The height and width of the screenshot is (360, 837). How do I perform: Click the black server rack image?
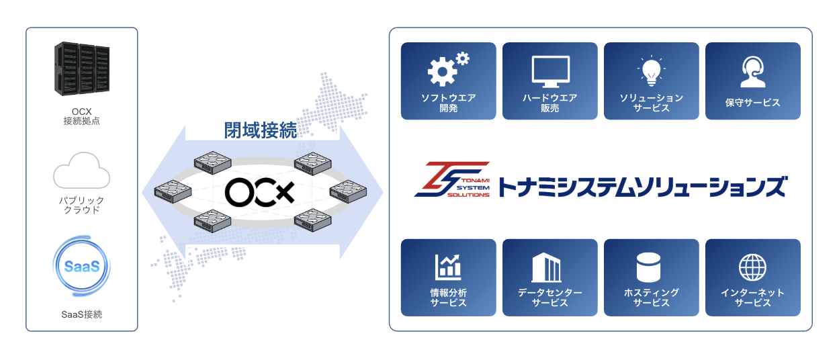coord(82,69)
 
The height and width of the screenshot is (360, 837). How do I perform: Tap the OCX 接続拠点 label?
coord(82,116)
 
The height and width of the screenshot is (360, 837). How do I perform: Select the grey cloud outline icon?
coord(81,171)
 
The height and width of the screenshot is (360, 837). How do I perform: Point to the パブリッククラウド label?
coord(82,205)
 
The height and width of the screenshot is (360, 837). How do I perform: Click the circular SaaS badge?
coord(82,266)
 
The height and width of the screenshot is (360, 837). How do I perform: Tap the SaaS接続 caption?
coord(82,314)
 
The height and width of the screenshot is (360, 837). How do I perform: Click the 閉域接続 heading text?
coord(261,130)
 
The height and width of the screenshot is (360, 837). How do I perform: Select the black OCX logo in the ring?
coord(260,192)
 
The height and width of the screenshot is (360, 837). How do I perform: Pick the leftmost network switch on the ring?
coord(173,191)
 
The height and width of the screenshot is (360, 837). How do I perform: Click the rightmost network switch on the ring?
coord(348,191)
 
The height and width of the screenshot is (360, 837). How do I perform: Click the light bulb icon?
coord(652,71)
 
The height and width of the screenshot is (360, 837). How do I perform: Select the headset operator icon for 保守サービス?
coord(753,72)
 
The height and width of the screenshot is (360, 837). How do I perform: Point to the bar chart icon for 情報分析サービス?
coord(448,267)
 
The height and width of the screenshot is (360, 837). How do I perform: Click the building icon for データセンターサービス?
coord(546,267)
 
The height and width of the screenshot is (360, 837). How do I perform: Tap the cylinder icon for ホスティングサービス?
coord(648,267)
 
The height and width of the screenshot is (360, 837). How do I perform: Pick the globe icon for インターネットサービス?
coord(752,267)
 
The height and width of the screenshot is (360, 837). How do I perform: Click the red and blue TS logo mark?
coord(452,179)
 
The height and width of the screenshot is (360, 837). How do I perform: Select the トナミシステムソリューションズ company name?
coord(643,187)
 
